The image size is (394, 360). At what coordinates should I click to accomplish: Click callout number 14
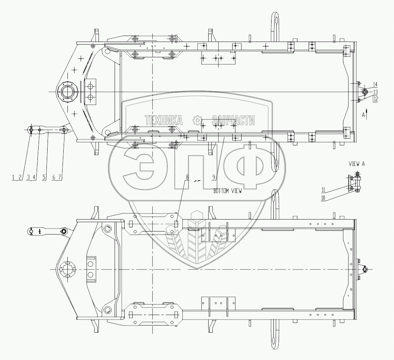pyautogui.click(x=375, y=84)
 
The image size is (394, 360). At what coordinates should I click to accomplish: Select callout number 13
pyautogui.click(x=375, y=91)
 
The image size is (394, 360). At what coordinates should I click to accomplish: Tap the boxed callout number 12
pyautogui.click(x=375, y=99)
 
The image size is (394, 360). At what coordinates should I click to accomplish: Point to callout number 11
pyautogui.click(x=323, y=189)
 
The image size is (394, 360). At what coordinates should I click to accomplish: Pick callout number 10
pyautogui.click(x=323, y=198)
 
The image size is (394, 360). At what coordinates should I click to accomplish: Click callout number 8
pyautogui.click(x=187, y=177)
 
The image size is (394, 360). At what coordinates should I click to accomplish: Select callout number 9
pyautogui.click(x=213, y=177)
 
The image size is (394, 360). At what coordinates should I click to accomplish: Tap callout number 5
pyautogui.click(x=44, y=178)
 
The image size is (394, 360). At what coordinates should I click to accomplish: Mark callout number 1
pyautogui.click(x=13, y=178)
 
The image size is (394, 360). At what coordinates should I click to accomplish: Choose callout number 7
pyautogui.click(x=59, y=178)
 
